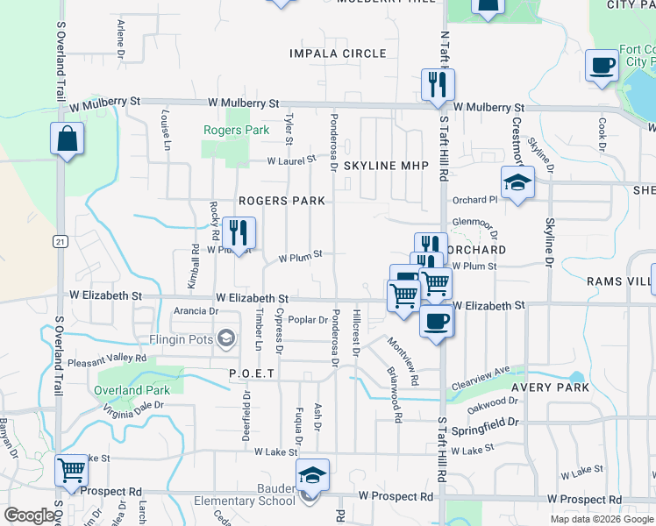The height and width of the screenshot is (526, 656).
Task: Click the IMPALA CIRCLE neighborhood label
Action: pos(338,53)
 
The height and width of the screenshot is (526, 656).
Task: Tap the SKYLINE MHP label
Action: pos(386,166)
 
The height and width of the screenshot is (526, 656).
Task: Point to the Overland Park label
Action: pos(132,390)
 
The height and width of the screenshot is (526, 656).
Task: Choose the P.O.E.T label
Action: pos(252,373)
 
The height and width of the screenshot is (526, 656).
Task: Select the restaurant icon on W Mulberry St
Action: pos(437,84)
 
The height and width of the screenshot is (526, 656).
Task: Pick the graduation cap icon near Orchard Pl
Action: pos(517,182)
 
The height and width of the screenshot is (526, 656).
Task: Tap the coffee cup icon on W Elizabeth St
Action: pos(435,321)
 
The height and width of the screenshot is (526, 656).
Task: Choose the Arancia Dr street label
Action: pos(195,311)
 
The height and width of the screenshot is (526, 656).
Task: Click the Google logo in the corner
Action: pos(29,516)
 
